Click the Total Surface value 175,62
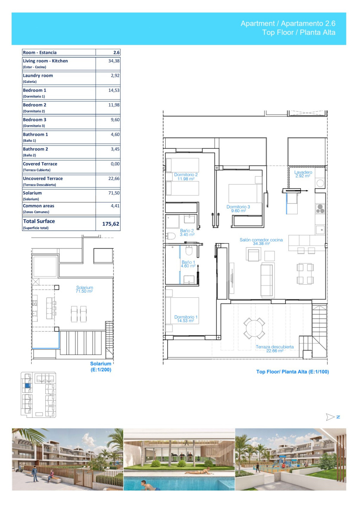(x=110, y=224)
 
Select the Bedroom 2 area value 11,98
(x=114, y=105)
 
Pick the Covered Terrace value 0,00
(x=115, y=164)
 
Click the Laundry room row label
(x=38, y=78)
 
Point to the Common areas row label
(x=38, y=208)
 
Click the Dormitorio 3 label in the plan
(x=238, y=209)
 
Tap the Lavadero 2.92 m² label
(x=303, y=174)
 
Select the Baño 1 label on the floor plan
(x=188, y=264)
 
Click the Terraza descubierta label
(x=275, y=349)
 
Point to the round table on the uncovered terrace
(x=254, y=328)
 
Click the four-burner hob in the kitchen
(x=320, y=208)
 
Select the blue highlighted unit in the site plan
(x=27, y=385)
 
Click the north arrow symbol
(x=330, y=417)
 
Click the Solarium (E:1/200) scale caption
(x=101, y=366)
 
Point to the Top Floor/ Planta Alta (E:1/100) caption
(x=292, y=372)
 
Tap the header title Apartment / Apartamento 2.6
(x=288, y=23)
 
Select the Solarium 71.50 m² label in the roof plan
(x=84, y=290)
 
